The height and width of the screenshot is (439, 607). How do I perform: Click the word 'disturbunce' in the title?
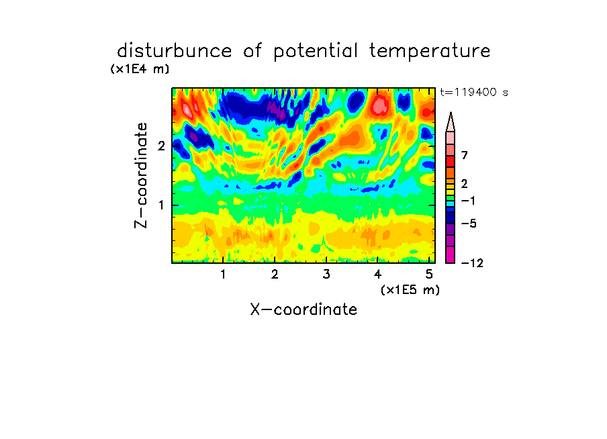(174, 51)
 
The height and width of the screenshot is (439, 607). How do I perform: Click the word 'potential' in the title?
(316, 52)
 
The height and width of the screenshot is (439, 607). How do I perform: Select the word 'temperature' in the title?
(430, 52)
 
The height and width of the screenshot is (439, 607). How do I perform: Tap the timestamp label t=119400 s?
(474, 93)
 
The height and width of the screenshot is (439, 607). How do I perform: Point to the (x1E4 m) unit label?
(140, 69)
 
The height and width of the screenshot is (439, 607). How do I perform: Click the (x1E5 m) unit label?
(410, 290)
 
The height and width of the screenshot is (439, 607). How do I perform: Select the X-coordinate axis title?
(303, 309)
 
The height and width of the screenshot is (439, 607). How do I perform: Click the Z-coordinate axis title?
(141, 175)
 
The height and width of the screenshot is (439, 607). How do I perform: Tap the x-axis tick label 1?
(224, 275)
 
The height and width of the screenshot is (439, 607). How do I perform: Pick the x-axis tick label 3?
(326, 275)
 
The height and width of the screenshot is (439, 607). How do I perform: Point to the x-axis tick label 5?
(429, 275)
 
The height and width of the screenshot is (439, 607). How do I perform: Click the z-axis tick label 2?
(161, 146)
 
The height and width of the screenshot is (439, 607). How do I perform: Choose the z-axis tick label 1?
(161, 205)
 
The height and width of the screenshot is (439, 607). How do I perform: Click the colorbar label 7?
(465, 156)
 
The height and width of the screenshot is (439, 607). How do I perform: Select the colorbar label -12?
(472, 263)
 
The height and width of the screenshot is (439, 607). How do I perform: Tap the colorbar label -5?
(469, 224)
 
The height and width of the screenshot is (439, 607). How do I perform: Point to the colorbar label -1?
(468, 201)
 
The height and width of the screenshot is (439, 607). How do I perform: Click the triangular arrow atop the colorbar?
(451, 122)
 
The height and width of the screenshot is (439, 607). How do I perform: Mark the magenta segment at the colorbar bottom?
(451, 255)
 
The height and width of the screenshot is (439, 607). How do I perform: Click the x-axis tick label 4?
(378, 275)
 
